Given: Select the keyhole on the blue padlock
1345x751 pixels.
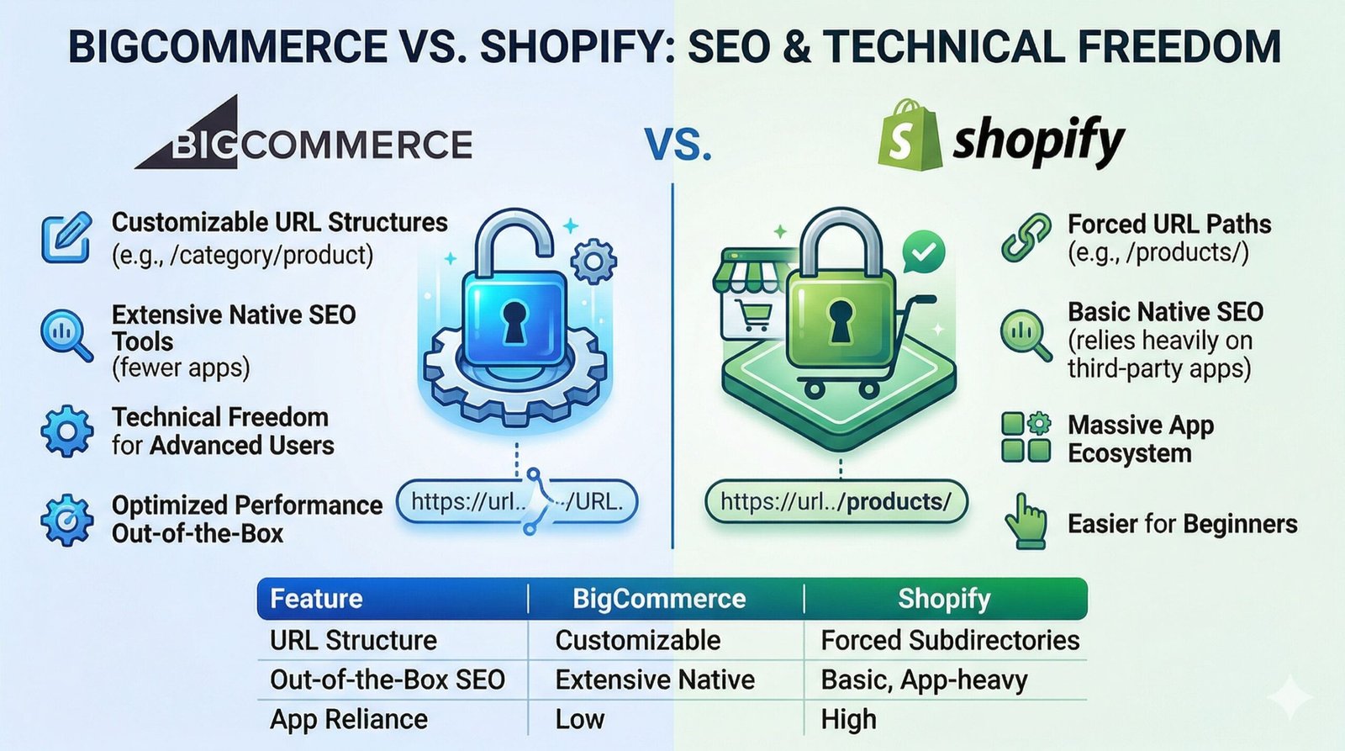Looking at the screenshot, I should [x=514, y=322].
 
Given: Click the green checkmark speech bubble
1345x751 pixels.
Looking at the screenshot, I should [x=923, y=251].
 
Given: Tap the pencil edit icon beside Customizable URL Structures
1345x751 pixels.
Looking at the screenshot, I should [x=66, y=238].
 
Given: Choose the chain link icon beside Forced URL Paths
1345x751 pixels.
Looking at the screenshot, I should [x=1026, y=238].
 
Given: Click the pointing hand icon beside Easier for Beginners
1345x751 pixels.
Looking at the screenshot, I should [x=1026, y=522].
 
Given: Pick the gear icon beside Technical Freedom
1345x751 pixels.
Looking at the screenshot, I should [x=66, y=431].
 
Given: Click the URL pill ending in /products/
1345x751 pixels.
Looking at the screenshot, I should [x=836, y=502].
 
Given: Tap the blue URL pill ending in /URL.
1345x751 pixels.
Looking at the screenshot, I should [x=517, y=502].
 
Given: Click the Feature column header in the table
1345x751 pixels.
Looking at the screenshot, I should [x=316, y=599].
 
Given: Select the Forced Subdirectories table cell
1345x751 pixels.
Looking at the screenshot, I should [x=950, y=640].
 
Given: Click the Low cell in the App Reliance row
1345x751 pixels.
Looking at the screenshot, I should [x=580, y=719].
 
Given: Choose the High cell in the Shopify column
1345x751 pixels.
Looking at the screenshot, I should [x=849, y=719].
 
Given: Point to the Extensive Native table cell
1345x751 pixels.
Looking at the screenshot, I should [x=655, y=680].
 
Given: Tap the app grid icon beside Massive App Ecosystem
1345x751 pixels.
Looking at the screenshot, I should [x=1026, y=437].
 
